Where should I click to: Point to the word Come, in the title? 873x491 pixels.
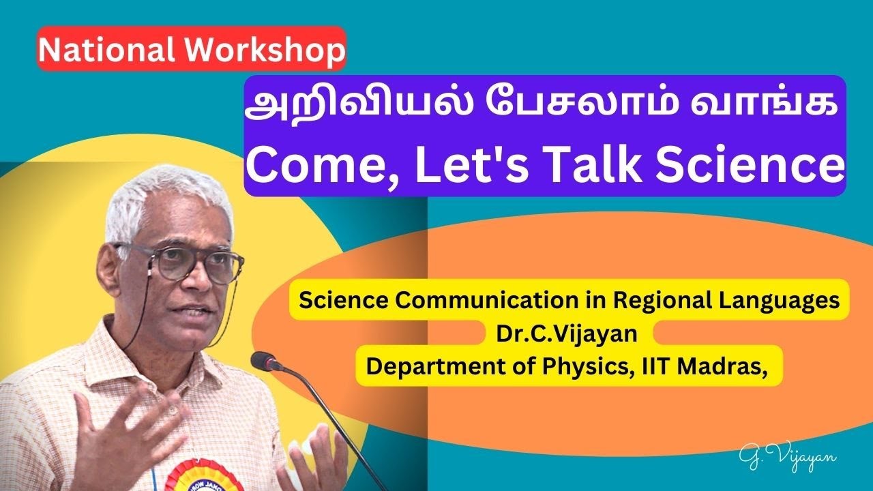311,166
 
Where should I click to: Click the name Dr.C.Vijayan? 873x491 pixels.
569,333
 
